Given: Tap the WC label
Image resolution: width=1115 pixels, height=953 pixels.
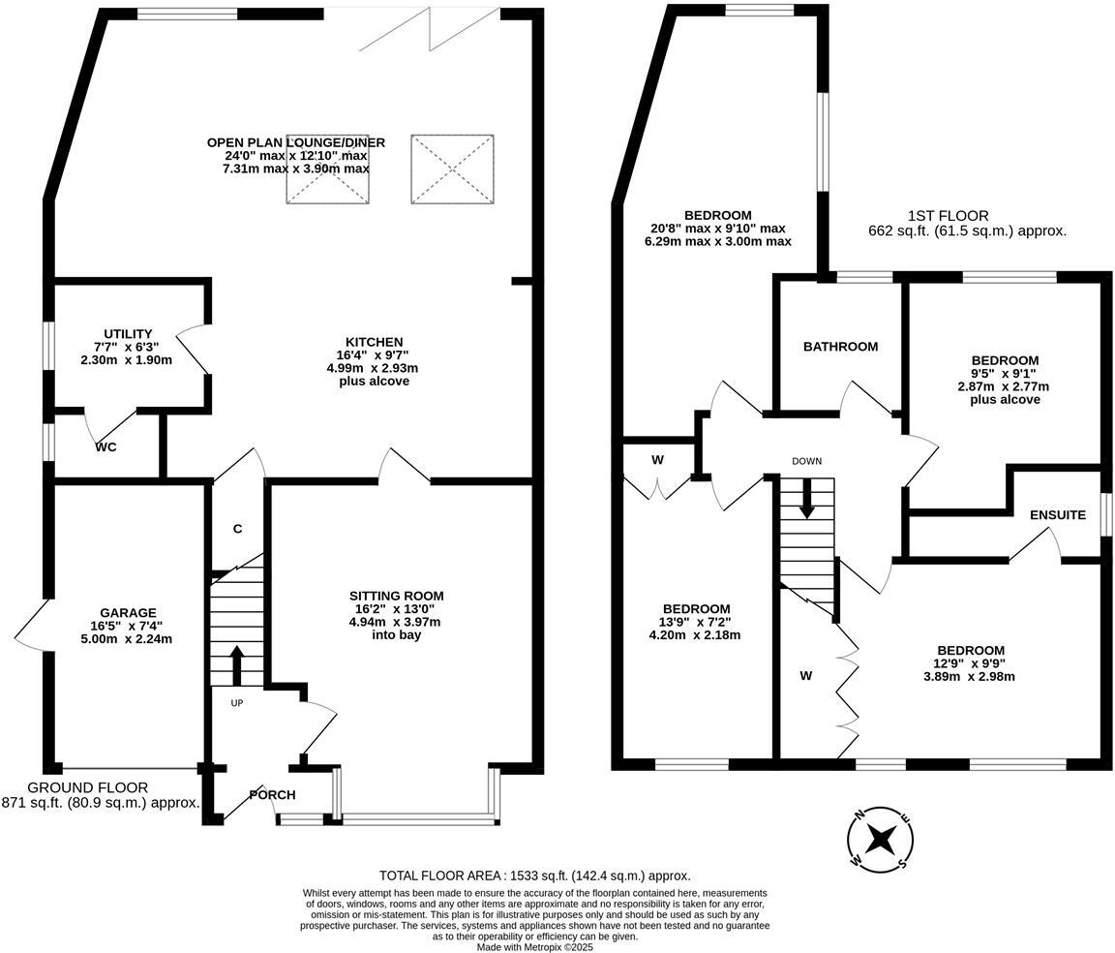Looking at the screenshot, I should (x=106, y=448).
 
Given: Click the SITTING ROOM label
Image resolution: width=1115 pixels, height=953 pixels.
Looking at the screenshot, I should (x=396, y=596).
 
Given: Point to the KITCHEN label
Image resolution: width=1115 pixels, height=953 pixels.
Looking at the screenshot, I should (x=375, y=342).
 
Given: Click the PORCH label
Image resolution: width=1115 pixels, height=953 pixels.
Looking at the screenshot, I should (x=272, y=795).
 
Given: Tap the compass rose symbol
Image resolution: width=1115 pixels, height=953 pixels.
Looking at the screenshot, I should (x=881, y=837).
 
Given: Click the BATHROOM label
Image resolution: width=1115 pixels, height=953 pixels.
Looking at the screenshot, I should (x=840, y=347).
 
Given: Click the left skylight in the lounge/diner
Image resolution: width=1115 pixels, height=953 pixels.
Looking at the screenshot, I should (x=327, y=169).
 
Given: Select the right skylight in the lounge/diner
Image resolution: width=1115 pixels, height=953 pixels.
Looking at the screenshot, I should (x=452, y=169).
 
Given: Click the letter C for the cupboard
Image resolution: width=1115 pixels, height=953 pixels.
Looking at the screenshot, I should (x=237, y=529).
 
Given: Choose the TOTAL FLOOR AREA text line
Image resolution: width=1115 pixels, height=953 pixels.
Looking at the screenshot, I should (x=534, y=876).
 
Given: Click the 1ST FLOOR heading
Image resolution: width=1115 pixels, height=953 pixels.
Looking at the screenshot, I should (x=948, y=216).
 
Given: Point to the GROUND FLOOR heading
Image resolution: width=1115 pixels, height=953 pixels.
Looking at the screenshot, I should (x=88, y=787).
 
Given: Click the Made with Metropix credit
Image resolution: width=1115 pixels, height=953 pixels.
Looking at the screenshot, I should (x=534, y=947).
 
